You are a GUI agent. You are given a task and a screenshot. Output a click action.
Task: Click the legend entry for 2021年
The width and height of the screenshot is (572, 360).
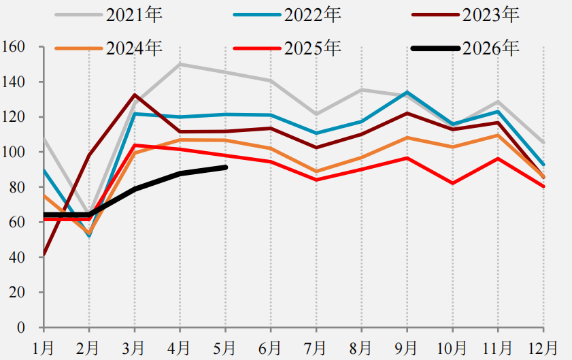[x=109, y=14]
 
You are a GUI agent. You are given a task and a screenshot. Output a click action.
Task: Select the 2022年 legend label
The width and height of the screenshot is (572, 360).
[x=287, y=14]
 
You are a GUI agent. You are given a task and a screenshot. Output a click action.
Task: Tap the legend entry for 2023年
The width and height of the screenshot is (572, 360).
[x=465, y=14]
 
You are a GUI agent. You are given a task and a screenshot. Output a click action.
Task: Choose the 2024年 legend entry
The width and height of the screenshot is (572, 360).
[x=109, y=48]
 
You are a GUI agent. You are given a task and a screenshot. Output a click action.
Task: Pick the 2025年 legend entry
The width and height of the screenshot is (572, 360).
[x=287, y=48]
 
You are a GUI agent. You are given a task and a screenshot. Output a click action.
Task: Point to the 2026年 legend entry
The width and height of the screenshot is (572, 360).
[x=465, y=48]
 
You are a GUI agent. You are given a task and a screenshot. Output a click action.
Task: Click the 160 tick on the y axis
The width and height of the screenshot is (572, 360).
[x=13, y=47]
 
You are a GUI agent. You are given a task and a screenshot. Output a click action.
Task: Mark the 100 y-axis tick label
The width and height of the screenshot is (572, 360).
[x=13, y=152]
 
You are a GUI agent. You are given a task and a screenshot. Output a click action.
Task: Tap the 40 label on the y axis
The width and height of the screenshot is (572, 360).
[x=17, y=257]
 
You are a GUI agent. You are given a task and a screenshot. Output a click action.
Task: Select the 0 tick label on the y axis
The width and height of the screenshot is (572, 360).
[x=21, y=327]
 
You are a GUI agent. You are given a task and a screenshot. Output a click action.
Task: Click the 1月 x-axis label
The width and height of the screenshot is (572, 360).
[x=43, y=348]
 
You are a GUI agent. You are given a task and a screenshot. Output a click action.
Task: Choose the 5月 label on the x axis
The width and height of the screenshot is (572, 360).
[x=224, y=348]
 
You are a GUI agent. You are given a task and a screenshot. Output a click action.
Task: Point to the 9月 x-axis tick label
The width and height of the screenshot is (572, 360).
[x=406, y=348]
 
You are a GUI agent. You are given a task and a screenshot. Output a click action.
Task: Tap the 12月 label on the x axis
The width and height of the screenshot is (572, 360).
[x=543, y=348]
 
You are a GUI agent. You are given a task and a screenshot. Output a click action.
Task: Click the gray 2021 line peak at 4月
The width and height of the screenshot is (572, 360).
[x=180, y=64]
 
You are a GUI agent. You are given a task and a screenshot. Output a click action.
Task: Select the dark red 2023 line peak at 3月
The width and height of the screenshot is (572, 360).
[x=135, y=95]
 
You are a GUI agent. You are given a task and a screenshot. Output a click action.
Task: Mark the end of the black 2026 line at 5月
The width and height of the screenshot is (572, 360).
[x=225, y=167]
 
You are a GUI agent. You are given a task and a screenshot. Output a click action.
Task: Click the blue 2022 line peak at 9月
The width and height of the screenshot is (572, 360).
[x=407, y=92]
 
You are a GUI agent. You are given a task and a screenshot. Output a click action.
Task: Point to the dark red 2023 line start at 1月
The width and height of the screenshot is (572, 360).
[x=44, y=255]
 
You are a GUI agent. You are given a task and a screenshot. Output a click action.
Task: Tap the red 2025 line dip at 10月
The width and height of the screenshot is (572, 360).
[x=453, y=183]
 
